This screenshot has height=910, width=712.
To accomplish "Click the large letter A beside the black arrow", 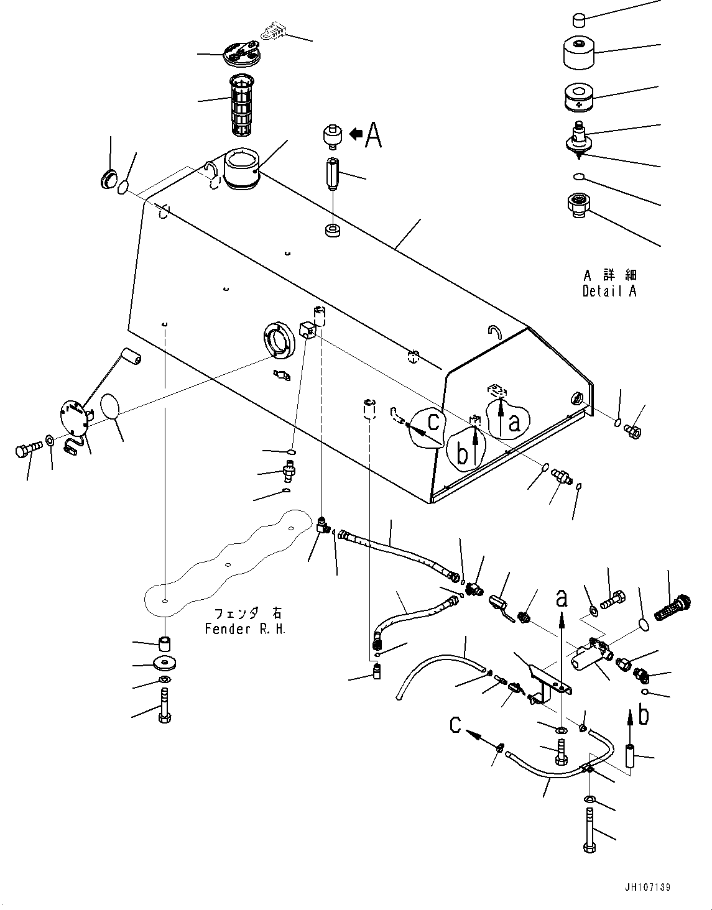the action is coord(373,134).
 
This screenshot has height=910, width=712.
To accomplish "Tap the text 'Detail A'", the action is coord(609,291).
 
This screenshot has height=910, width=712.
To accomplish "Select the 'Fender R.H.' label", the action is coord(246,629).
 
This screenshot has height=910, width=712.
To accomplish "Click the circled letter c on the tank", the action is coord(434,421).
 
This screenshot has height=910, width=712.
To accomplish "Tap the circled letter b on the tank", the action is coord(461,454).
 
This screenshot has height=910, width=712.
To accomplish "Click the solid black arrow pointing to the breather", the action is coord(356,134).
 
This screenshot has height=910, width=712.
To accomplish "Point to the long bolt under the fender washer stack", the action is coord(165,706).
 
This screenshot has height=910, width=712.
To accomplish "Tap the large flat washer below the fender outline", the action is coord(165,663).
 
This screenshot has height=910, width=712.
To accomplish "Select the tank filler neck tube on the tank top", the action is coord(242,170).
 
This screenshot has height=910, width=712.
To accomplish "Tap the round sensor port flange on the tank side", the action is coord(279,339).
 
